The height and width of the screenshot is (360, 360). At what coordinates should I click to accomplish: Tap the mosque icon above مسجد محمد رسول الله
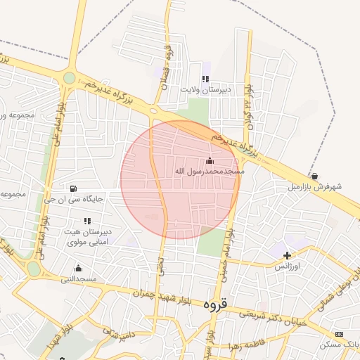point(209,160)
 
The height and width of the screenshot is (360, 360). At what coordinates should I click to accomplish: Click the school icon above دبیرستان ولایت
point(205,79)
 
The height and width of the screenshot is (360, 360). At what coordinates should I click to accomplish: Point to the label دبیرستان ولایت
point(205,90)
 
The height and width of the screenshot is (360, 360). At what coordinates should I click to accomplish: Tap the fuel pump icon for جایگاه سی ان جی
point(73,188)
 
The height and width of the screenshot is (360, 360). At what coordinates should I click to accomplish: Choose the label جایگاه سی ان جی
point(73,199)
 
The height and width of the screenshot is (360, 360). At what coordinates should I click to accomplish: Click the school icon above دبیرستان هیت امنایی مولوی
point(87,221)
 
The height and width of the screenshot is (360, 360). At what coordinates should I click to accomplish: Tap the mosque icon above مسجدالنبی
point(77,268)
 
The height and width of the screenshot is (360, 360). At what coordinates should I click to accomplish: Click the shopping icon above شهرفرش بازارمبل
point(314,176)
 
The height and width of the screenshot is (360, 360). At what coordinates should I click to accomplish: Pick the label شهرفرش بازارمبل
point(314,188)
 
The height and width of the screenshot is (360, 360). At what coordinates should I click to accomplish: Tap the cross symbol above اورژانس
point(287,255)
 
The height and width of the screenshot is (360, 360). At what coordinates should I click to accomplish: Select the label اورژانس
point(287,266)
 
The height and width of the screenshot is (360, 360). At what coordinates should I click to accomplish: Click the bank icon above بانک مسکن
point(340,334)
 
